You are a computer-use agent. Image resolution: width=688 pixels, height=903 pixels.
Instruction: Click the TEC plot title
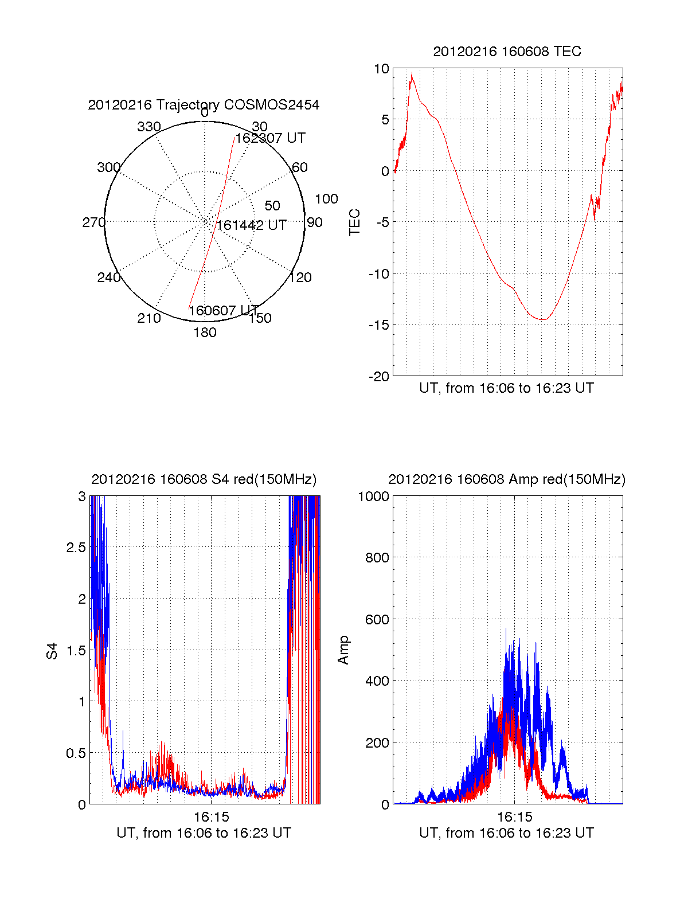[507, 52]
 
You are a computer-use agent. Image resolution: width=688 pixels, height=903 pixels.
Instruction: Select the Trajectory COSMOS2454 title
[204, 105]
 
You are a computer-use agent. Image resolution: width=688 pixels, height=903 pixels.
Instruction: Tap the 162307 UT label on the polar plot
[270, 138]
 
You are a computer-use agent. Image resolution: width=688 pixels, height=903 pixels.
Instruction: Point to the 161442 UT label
[251, 225]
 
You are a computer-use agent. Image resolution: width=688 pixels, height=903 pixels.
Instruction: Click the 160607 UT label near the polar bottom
[224, 311]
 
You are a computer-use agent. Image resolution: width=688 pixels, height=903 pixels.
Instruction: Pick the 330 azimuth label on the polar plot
[149, 127]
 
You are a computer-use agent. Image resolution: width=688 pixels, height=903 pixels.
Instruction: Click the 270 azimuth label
[93, 222]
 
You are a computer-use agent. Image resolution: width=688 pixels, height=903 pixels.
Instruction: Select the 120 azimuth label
[300, 278]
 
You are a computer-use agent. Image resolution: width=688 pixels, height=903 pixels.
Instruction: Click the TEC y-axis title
[355, 222]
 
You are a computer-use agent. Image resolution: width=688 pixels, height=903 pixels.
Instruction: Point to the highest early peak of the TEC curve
[411, 73]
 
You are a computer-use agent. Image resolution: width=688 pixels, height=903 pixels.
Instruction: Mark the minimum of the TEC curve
[542, 319]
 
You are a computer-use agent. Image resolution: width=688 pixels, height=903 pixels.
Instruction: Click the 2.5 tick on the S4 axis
[76, 548]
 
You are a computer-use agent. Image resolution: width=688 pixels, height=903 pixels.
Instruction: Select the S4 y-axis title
[52, 651]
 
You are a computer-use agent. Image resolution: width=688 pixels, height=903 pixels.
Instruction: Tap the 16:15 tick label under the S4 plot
[211, 816]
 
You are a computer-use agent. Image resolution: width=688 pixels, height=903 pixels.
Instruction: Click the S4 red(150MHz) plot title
[204, 479]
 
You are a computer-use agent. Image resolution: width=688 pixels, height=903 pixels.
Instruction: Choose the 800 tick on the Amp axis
[377, 558]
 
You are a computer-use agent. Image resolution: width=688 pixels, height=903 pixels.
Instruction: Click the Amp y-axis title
[343, 650]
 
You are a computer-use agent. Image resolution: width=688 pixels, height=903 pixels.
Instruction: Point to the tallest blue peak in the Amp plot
[506, 629]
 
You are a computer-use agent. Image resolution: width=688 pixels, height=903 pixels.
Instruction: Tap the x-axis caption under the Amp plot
[506, 833]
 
